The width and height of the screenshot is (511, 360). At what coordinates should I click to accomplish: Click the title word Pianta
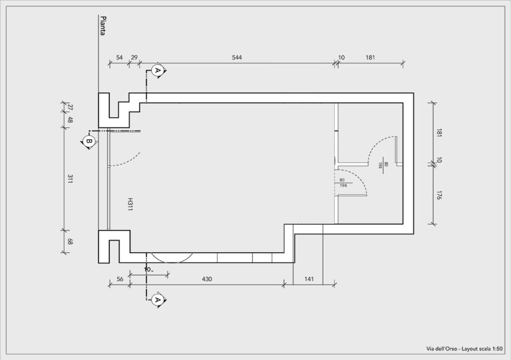coord(103,26)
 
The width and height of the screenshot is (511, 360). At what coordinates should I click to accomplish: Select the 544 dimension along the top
coord(237,57)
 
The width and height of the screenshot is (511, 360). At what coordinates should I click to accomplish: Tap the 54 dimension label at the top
coord(120,57)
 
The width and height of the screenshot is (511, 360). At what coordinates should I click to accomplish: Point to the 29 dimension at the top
coord(134,57)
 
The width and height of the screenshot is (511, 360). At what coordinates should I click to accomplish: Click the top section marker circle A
coord(158,70)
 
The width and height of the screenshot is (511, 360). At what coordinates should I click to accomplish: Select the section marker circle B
coord(88,141)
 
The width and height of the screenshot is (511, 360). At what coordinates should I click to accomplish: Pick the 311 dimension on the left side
coord(70,179)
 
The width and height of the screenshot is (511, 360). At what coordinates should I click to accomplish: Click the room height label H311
coord(130,204)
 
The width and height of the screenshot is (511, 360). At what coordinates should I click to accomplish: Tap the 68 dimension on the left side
coord(70,242)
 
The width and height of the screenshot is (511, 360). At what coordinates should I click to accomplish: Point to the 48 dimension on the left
coord(70,120)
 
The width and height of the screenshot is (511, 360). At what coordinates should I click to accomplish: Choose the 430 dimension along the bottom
coord(207,279)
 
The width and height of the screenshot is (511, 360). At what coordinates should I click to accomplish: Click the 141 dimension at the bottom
coord(309,279)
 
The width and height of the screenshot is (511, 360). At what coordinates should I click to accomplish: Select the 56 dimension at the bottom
coord(120,279)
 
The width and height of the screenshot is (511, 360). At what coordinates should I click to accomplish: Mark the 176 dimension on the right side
coord(439,195)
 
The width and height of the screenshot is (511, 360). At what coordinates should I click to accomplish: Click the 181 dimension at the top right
coord(370,57)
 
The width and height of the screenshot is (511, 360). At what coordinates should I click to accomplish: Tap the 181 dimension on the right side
coord(439,133)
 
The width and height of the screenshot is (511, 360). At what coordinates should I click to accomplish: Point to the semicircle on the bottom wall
coord(170,258)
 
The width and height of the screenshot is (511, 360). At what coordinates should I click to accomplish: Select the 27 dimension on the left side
coord(70,107)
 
